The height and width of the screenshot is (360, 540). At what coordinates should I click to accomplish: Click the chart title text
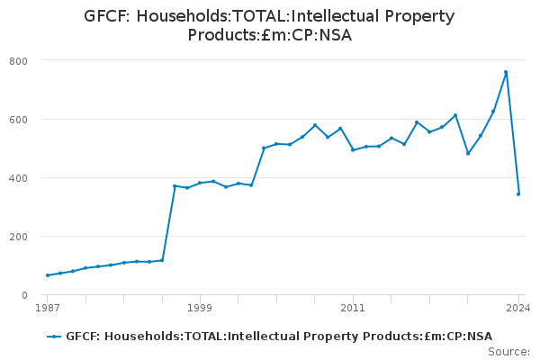click(269, 25)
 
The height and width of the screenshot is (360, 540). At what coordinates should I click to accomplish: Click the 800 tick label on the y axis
click(19, 61)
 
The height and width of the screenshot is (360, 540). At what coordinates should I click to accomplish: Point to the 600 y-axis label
click(19, 120)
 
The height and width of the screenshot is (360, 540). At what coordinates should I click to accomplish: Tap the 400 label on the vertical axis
click(19, 178)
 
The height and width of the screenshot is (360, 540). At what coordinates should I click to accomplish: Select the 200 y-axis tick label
click(19, 237)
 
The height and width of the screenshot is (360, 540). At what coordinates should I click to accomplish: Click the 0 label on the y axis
click(24, 295)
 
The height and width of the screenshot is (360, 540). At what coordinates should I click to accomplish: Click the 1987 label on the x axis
click(48, 307)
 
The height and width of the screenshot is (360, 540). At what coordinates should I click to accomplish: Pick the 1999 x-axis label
click(200, 307)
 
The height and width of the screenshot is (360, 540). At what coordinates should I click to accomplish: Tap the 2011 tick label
click(353, 307)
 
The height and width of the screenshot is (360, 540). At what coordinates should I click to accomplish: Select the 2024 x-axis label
click(518, 307)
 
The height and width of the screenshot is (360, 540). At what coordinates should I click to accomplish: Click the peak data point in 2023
click(506, 72)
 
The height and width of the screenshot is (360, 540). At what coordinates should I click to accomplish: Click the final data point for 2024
click(518, 194)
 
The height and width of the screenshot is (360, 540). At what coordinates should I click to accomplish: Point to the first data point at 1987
click(48, 275)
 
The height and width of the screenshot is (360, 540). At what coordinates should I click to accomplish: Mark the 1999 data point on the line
click(200, 183)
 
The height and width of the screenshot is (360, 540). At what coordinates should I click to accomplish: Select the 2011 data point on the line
click(353, 150)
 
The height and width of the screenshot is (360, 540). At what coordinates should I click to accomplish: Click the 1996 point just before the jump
click(162, 260)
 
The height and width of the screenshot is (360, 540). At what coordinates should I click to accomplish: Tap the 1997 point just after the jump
click(175, 186)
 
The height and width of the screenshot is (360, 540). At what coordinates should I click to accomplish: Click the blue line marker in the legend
click(54, 337)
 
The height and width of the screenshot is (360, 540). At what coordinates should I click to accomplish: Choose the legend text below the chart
click(279, 337)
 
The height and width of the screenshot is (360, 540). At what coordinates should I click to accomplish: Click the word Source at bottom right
click(509, 352)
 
